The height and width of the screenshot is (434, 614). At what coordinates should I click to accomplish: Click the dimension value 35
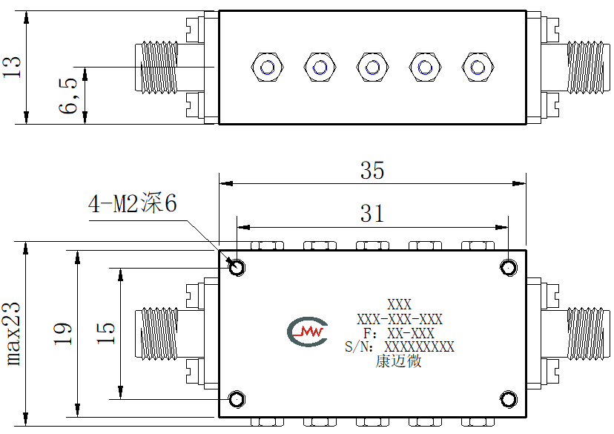point(372,171)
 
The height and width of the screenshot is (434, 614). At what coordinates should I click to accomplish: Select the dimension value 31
point(372,214)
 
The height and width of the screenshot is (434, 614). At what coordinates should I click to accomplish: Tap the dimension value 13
point(12,67)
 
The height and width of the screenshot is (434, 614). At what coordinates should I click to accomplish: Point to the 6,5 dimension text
point(68,96)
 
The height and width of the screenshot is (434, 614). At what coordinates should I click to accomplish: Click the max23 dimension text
point(12,334)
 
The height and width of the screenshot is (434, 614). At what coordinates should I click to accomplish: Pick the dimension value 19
point(62,334)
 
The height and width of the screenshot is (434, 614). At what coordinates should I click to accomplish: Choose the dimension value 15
point(106,334)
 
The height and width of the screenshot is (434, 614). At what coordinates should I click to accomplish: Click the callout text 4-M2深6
point(132,203)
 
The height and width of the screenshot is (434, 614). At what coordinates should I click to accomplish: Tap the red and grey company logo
point(308,332)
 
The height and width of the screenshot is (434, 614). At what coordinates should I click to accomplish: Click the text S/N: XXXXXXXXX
point(400,346)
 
